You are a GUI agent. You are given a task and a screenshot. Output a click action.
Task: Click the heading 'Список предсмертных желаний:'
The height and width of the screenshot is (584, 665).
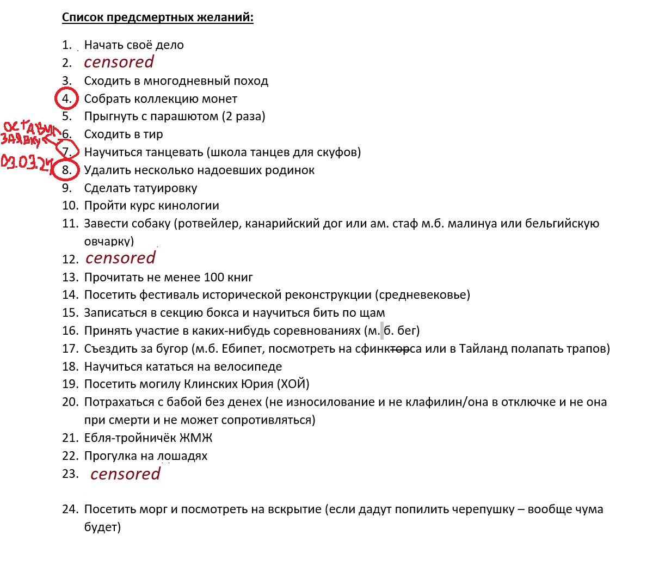pos(158,17)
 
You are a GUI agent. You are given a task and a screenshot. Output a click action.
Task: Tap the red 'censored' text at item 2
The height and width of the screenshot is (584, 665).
pos(119,62)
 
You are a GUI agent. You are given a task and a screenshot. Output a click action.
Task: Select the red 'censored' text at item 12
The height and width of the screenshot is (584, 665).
pos(120,258)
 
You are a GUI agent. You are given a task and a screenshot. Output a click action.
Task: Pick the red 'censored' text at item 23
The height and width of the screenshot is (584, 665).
pos(125,474)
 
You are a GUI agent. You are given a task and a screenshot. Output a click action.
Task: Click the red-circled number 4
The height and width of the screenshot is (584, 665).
pos(67,99)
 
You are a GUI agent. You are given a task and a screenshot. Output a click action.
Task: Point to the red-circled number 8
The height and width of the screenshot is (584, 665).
pos(66,170)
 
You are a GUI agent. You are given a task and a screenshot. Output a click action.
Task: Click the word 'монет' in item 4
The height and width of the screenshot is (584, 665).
pos(219,99)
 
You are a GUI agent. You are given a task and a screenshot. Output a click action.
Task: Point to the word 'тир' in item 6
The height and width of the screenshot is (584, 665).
pos(153,134)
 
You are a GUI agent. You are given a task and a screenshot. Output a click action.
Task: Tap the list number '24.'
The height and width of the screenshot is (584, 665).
pos(70,509)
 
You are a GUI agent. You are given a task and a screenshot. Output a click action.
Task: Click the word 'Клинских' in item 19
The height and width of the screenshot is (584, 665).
pos(212,384)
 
